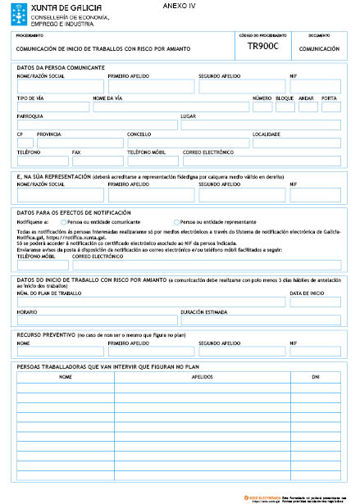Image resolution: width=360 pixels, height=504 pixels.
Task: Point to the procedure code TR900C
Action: [x=262, y=48]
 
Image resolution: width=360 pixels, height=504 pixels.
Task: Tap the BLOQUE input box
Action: [x=285, y=107]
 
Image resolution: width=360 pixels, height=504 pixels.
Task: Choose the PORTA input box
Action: [x=330, y=107]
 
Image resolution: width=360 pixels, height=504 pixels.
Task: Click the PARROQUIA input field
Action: [x=97, y=125]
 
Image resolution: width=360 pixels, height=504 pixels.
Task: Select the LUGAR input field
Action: [x=260, y=125]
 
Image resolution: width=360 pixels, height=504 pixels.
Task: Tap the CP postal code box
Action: [x=25, y=143]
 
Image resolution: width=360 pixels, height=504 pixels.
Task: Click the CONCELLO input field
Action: [x=188, y=143]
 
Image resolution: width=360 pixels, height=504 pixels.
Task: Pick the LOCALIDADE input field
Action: [x=296, y=143]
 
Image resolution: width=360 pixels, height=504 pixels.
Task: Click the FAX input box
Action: [x=98, y=161]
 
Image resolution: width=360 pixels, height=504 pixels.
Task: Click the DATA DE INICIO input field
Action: [x=315, y=302]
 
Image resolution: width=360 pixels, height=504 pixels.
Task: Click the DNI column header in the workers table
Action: [x=315, y=377]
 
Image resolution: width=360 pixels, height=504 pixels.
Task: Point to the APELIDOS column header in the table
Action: [x=202, y=377]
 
